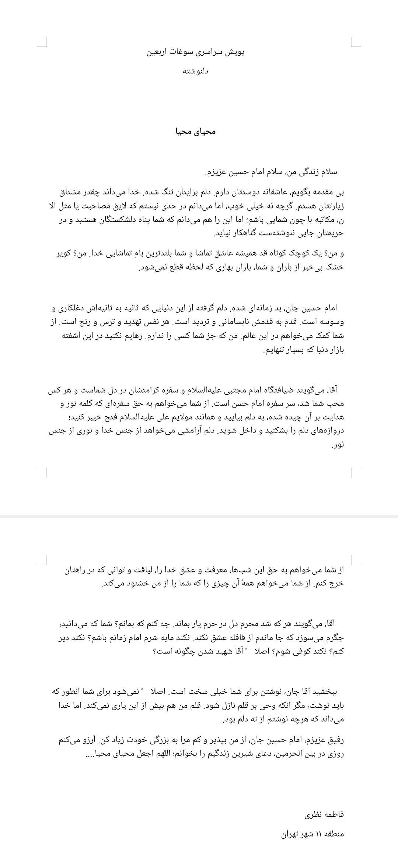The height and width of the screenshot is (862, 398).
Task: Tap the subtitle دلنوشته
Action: click(196, 71)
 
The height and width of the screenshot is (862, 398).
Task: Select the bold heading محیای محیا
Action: click(196, 132)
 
